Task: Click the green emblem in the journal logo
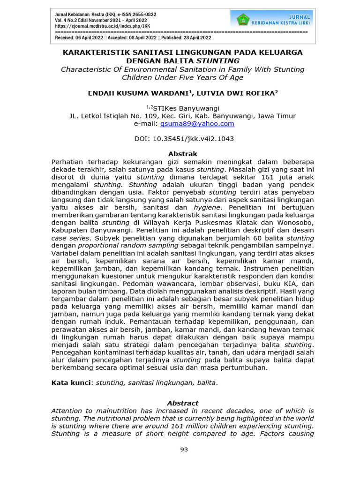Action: pos(243,20)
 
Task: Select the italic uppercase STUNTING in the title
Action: pos(217,61)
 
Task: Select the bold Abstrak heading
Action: pos(183,154)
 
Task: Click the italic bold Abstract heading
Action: pos(183,403)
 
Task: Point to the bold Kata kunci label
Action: pos(72,383)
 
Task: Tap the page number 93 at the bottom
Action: pos(184,450)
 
